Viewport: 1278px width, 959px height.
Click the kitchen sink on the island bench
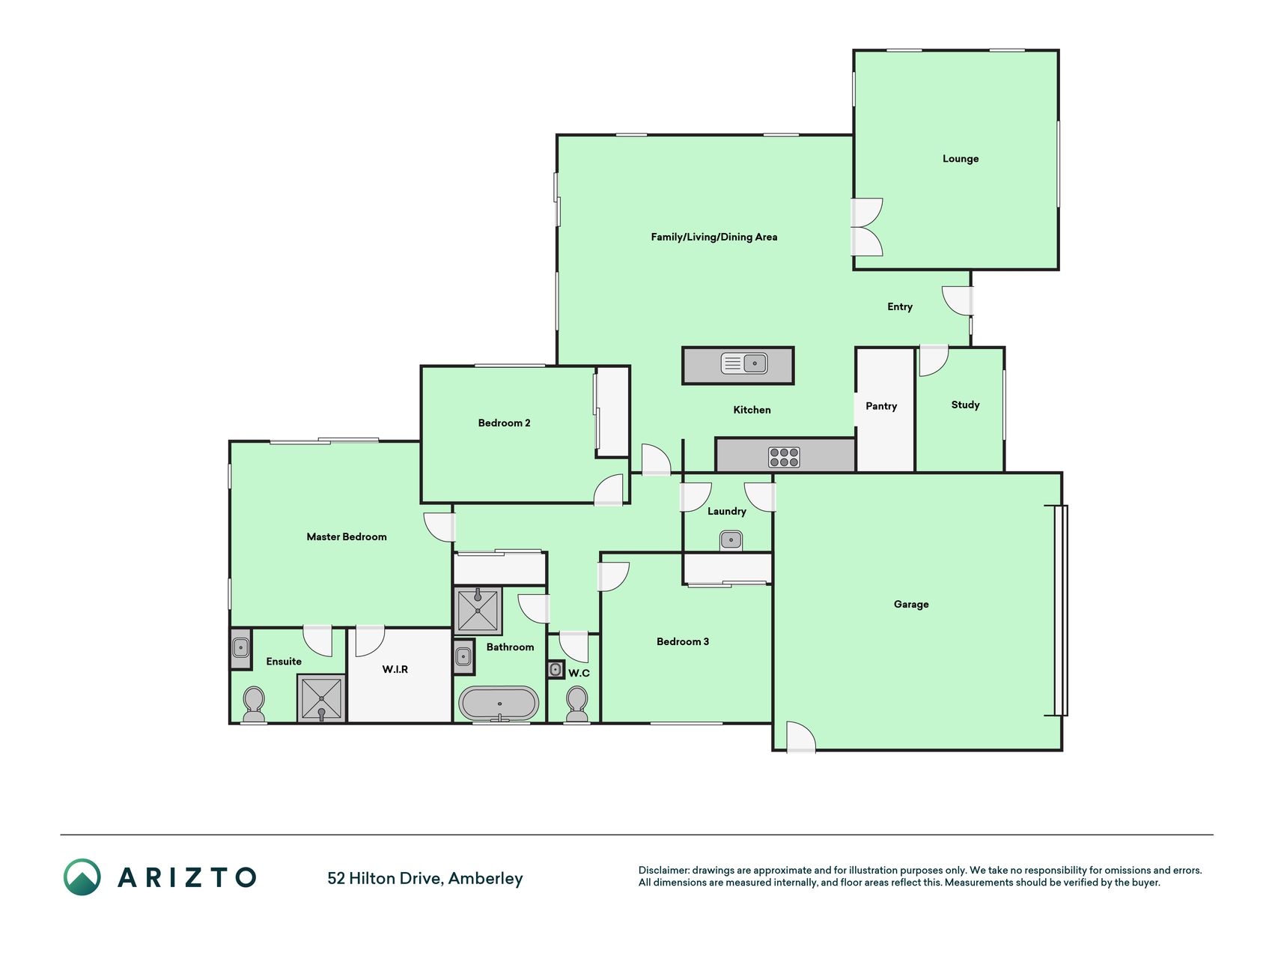click(743, 363)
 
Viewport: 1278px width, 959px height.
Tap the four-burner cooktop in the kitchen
click(784, 457)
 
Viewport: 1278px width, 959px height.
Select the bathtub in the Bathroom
click(499, 704)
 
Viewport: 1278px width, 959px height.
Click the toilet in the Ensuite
click(254, 704)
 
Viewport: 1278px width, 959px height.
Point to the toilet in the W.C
click(576, 704)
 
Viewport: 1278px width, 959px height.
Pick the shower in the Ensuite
click(322, 698)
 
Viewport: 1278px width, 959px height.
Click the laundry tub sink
click(731, 539)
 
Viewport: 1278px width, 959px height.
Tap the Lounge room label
click(961, 159)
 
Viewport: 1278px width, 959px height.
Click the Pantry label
click(881, 406)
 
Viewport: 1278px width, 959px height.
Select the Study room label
click(965, 405)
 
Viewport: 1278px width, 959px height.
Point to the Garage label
click(911, 604)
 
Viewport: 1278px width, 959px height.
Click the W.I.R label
click(395, 669)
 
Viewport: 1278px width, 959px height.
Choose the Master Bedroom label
click(347, 536)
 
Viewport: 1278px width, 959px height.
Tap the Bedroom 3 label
click(683, 641)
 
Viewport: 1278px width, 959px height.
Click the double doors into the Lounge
click(868, 227)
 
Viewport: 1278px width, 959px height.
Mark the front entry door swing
click(958, 301)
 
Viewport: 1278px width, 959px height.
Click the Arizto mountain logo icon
click(82, 877)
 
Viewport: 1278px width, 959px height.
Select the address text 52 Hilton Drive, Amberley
click(425, 878)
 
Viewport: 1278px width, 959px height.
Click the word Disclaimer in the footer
click(663, 870)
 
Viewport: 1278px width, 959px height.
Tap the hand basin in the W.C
click(556, 670)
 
